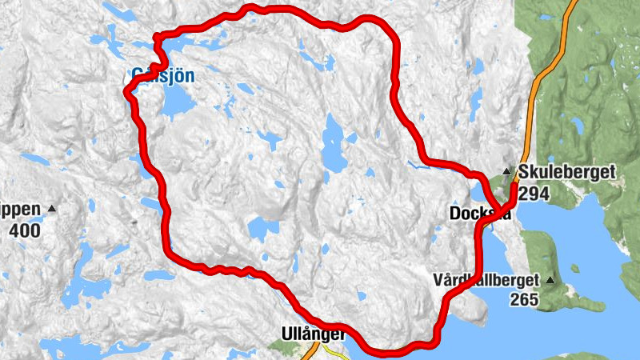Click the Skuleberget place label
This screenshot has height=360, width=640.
pyautogui.click(x=566, y=172)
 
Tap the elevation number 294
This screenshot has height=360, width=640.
pyautogui.click(x=534, y=193)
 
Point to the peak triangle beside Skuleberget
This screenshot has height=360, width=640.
pyautogui.click(x=506, y=170)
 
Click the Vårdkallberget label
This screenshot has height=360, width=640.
pyautogui.click(x=487, y=281)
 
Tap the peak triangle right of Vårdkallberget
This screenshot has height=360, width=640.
pyautogui.click(x=550, y=280)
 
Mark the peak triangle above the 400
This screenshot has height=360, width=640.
pyautogui.click(x=53, y=210)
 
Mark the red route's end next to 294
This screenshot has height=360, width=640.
pyautogui.click(x=513, y=186)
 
